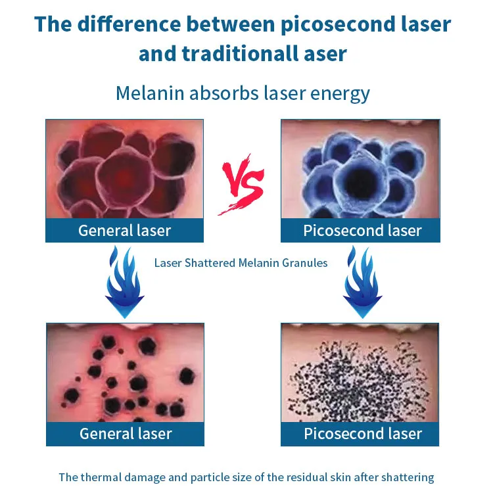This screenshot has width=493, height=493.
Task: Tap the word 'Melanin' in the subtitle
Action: [150, 93]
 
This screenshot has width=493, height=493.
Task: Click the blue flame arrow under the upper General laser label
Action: [124, 282]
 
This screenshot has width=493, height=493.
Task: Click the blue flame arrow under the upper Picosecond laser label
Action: [362, 282]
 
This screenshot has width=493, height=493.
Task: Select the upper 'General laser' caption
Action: [124, 231]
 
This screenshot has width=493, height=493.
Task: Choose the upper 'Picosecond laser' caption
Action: [362, 231]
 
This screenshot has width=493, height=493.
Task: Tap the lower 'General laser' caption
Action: [126, 434]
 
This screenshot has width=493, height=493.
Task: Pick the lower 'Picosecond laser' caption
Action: [363, 434]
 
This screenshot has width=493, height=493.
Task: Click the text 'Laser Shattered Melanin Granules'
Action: [241, 263]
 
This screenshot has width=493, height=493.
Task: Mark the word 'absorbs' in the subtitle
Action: [224, 93]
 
